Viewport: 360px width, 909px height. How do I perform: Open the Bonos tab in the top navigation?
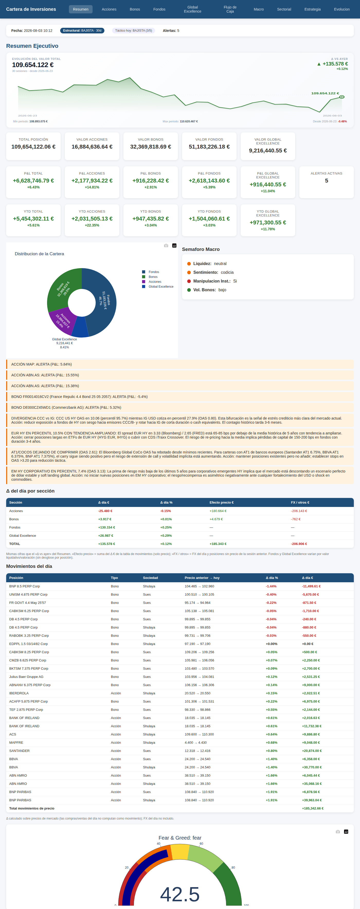click(135, 9)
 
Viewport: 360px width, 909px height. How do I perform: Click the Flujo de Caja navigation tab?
click(230, 9)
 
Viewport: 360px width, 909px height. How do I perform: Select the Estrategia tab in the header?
click(312, 9)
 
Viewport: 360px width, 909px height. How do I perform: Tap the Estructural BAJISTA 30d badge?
click(82, 31)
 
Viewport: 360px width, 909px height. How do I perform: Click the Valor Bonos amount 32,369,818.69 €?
click(151, 147)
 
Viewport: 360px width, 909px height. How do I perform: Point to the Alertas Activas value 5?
click(327, 181)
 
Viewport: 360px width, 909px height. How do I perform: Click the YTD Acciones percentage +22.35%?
click(92, 225)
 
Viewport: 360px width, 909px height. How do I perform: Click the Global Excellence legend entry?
click(158, 287)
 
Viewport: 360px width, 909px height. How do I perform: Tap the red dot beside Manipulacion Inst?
click(189, 281)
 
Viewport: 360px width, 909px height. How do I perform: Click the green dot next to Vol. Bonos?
click(189, 290)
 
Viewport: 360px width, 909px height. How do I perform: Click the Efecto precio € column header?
click(221, 503)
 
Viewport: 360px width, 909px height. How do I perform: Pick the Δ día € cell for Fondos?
click(107, 528)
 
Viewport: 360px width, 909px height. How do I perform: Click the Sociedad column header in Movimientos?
click(150, 578)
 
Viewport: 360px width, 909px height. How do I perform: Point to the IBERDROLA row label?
click(19, 693)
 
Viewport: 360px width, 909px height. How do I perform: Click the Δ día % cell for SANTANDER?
click(271, 751)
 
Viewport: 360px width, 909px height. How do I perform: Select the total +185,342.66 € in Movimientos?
click(313, 808)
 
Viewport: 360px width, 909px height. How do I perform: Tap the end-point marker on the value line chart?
click(342, 97)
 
